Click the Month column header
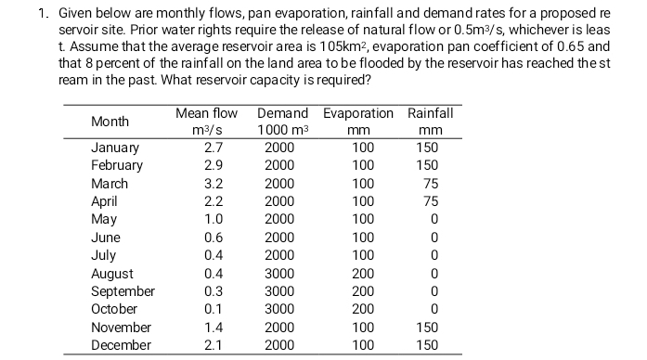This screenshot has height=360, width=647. (x=110, y=122)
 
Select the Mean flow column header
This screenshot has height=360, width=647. (x=206, y=113)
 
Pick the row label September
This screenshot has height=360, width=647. (x=123, y=290)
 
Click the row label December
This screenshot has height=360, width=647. (x=121, y=345)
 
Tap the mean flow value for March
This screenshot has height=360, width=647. (x=213, y=184)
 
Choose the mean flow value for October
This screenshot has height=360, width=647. (x=213, y=309)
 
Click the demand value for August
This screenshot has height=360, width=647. (x=279, y=274)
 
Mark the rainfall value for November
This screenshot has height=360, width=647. (x=426, y=328)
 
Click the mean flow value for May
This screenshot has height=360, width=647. (x=213, y=219)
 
